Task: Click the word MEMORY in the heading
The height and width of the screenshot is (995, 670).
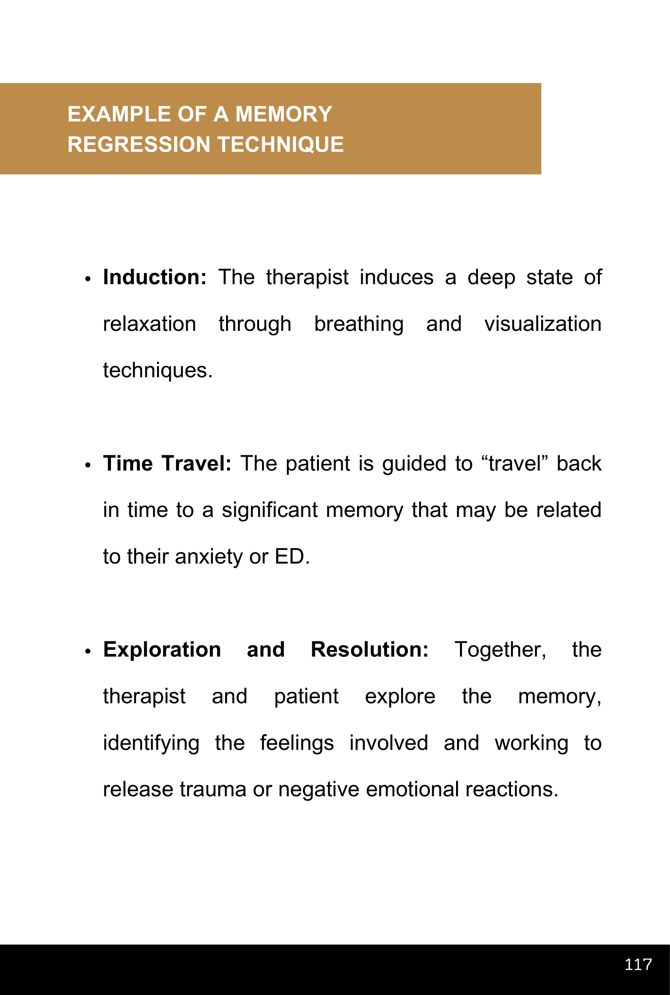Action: point(283,114)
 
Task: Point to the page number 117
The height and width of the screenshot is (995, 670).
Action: point(638,964)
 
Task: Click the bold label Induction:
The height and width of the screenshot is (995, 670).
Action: point(155,277)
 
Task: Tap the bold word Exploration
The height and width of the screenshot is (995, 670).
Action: point(162,650)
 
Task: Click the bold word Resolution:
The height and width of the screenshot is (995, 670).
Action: point(370,650)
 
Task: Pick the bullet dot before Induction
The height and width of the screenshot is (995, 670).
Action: point(88,279)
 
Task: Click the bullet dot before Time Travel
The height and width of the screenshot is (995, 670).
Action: point(88,465)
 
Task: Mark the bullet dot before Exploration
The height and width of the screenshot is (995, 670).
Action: point(88,652)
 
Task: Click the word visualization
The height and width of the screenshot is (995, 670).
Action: point(543,324)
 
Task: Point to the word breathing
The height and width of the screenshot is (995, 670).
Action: point(359,324)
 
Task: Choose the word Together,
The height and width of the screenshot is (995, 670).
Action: point(500,650)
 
